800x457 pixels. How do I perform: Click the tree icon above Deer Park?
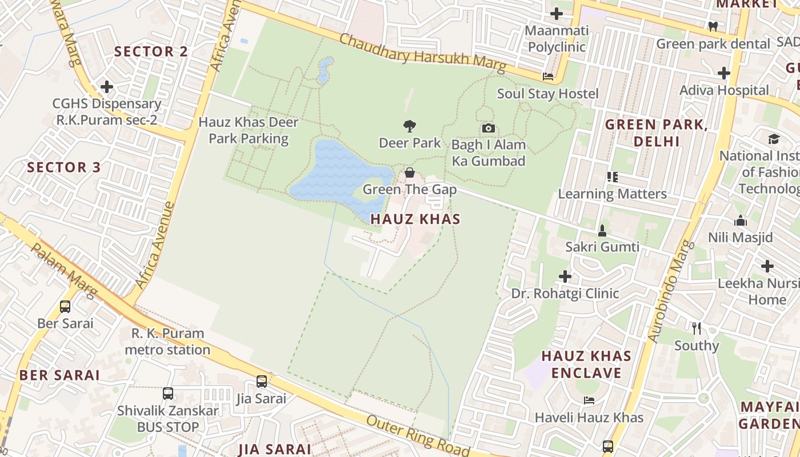pos(409,126)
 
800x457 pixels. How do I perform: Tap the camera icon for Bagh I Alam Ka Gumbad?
pos(488,128)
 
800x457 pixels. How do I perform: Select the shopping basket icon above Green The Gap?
pos(410,173)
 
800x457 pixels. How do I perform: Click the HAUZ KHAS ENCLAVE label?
pos(586,364)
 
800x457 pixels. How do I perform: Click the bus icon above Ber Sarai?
pos(65,307)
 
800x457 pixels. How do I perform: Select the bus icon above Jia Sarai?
pos(261,382)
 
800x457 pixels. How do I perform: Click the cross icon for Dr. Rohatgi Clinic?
pos(565,277)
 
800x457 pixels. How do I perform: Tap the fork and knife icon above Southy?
pos(696,328)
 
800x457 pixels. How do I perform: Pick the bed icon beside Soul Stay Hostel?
pos(548,77)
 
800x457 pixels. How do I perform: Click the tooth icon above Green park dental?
pos(713,26)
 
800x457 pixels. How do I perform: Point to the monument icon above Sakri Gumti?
pos(602,231)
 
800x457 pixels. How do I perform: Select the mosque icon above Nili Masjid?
pos(741,221)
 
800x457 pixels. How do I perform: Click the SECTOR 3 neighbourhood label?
pos(64,167)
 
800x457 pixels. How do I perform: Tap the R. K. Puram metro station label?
pos(167,342)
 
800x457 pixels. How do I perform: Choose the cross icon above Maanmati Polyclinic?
pos(556,14)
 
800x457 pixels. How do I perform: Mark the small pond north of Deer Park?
pos(325,69)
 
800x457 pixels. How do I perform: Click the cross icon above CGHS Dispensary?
pos(107,87)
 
